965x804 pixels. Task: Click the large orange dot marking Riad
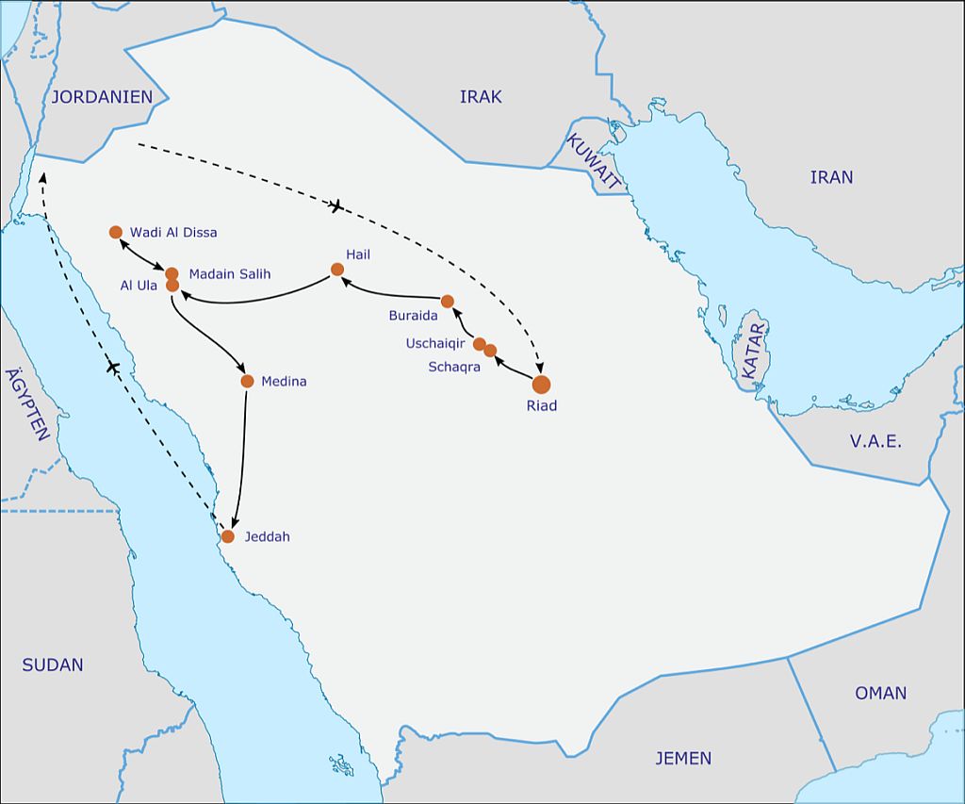(541, 384)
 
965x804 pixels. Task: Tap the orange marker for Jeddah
(227, 536)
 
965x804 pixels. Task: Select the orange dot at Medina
(247, 381)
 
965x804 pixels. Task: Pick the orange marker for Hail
(337, 270)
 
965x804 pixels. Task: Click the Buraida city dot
(448, 302)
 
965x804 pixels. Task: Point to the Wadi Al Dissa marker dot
(116, 232)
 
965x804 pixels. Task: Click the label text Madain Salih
(230, 273)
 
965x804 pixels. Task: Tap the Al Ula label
(139, 286)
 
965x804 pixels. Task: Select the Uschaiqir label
(435, 344)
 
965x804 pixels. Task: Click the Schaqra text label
(454, 367)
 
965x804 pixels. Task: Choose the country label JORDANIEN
(102, 96)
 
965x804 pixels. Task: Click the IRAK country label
(481, 96)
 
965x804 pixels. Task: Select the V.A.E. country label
(875, 441)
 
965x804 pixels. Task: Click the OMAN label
(880, 693)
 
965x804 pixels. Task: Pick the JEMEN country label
(683, 758)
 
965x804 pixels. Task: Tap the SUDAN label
(53, 665)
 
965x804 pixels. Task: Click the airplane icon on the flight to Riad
(336, 205)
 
